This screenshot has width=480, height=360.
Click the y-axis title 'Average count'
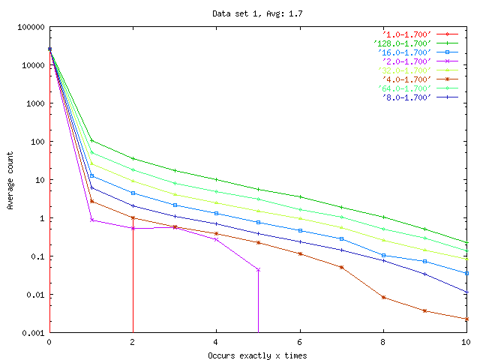tap(10, 180)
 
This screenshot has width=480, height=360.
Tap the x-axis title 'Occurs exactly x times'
tap(257, 355)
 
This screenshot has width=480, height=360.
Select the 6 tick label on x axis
tap(300, 342)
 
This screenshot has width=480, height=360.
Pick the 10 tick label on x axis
tap(466, 342)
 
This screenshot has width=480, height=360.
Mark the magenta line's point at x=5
tap(258, 269)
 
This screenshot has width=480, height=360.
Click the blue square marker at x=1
tap(91, 175)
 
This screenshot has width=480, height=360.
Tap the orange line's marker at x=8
tap(383, 297)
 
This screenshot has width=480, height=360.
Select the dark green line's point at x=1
tap(91, 140)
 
